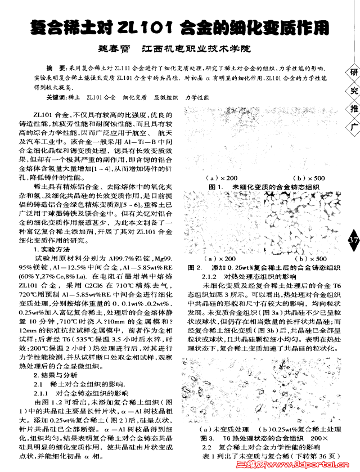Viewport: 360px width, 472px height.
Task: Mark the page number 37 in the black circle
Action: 353,240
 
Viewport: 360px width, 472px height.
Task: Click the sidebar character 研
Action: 353,73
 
